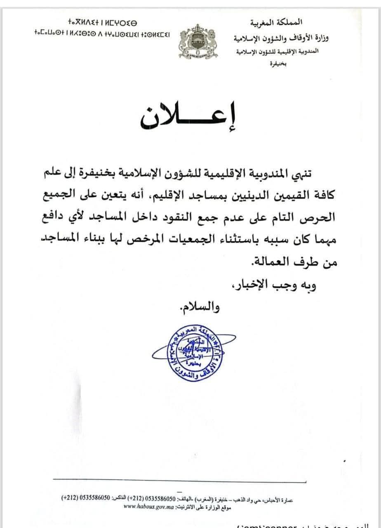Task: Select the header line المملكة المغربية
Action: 280,21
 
